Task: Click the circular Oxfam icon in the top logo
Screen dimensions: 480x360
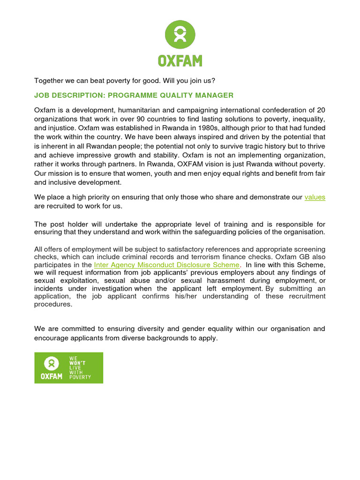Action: (x=180, y=35)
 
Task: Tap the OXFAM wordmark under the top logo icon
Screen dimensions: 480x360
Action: (x=180, y=60)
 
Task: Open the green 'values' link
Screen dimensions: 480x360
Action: (x=315, y=197)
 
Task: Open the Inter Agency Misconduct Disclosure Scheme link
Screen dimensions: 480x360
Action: (x=166, y=265)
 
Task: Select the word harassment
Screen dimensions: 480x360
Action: (x=219, y=280)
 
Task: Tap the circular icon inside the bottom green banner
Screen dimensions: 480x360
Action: (x=51, y=363)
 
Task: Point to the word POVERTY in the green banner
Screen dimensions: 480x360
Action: (x=80, y=377)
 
